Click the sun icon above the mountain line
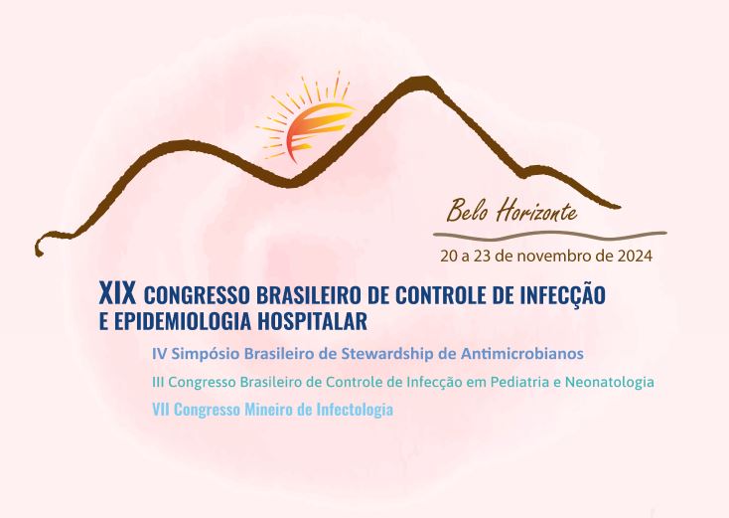[x=306, y=122]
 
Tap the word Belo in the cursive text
[x=467, y=212]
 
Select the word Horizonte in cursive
[x=536, y=211]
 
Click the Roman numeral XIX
[x=118, y=293]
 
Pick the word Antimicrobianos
[x=522, y=354]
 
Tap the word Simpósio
[x=206, y=354]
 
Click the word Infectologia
[x=355, y=411]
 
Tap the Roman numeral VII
[x=161, y=410]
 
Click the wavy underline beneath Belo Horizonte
[x=550, y=236]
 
